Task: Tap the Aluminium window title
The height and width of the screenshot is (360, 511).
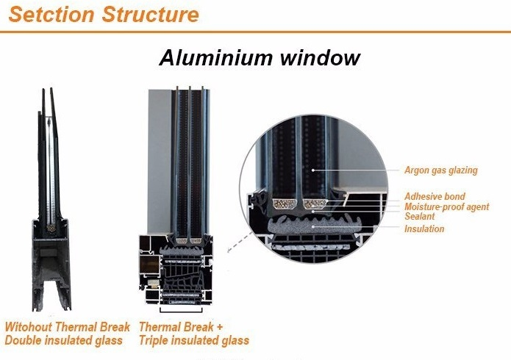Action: (x=260, y=58)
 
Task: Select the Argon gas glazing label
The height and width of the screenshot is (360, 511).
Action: (x=440, y=170)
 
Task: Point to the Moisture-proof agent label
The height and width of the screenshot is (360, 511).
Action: (x=446, y=206)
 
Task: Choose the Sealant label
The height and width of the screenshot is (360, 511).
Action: (x=419, y=217)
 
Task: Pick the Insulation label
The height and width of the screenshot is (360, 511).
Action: (x=424, y=228)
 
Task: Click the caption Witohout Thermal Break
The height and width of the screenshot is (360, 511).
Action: (x=67, y=327)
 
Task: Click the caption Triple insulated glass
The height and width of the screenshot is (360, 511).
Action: (x=193, y=341)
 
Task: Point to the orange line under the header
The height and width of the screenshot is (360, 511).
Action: (x=255, y=32)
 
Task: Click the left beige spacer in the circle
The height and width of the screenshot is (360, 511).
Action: (x=284, y=201)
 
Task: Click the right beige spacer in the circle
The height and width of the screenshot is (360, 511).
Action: (x=316, y=201)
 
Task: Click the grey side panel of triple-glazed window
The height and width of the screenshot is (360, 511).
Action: (x=159, y=162)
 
